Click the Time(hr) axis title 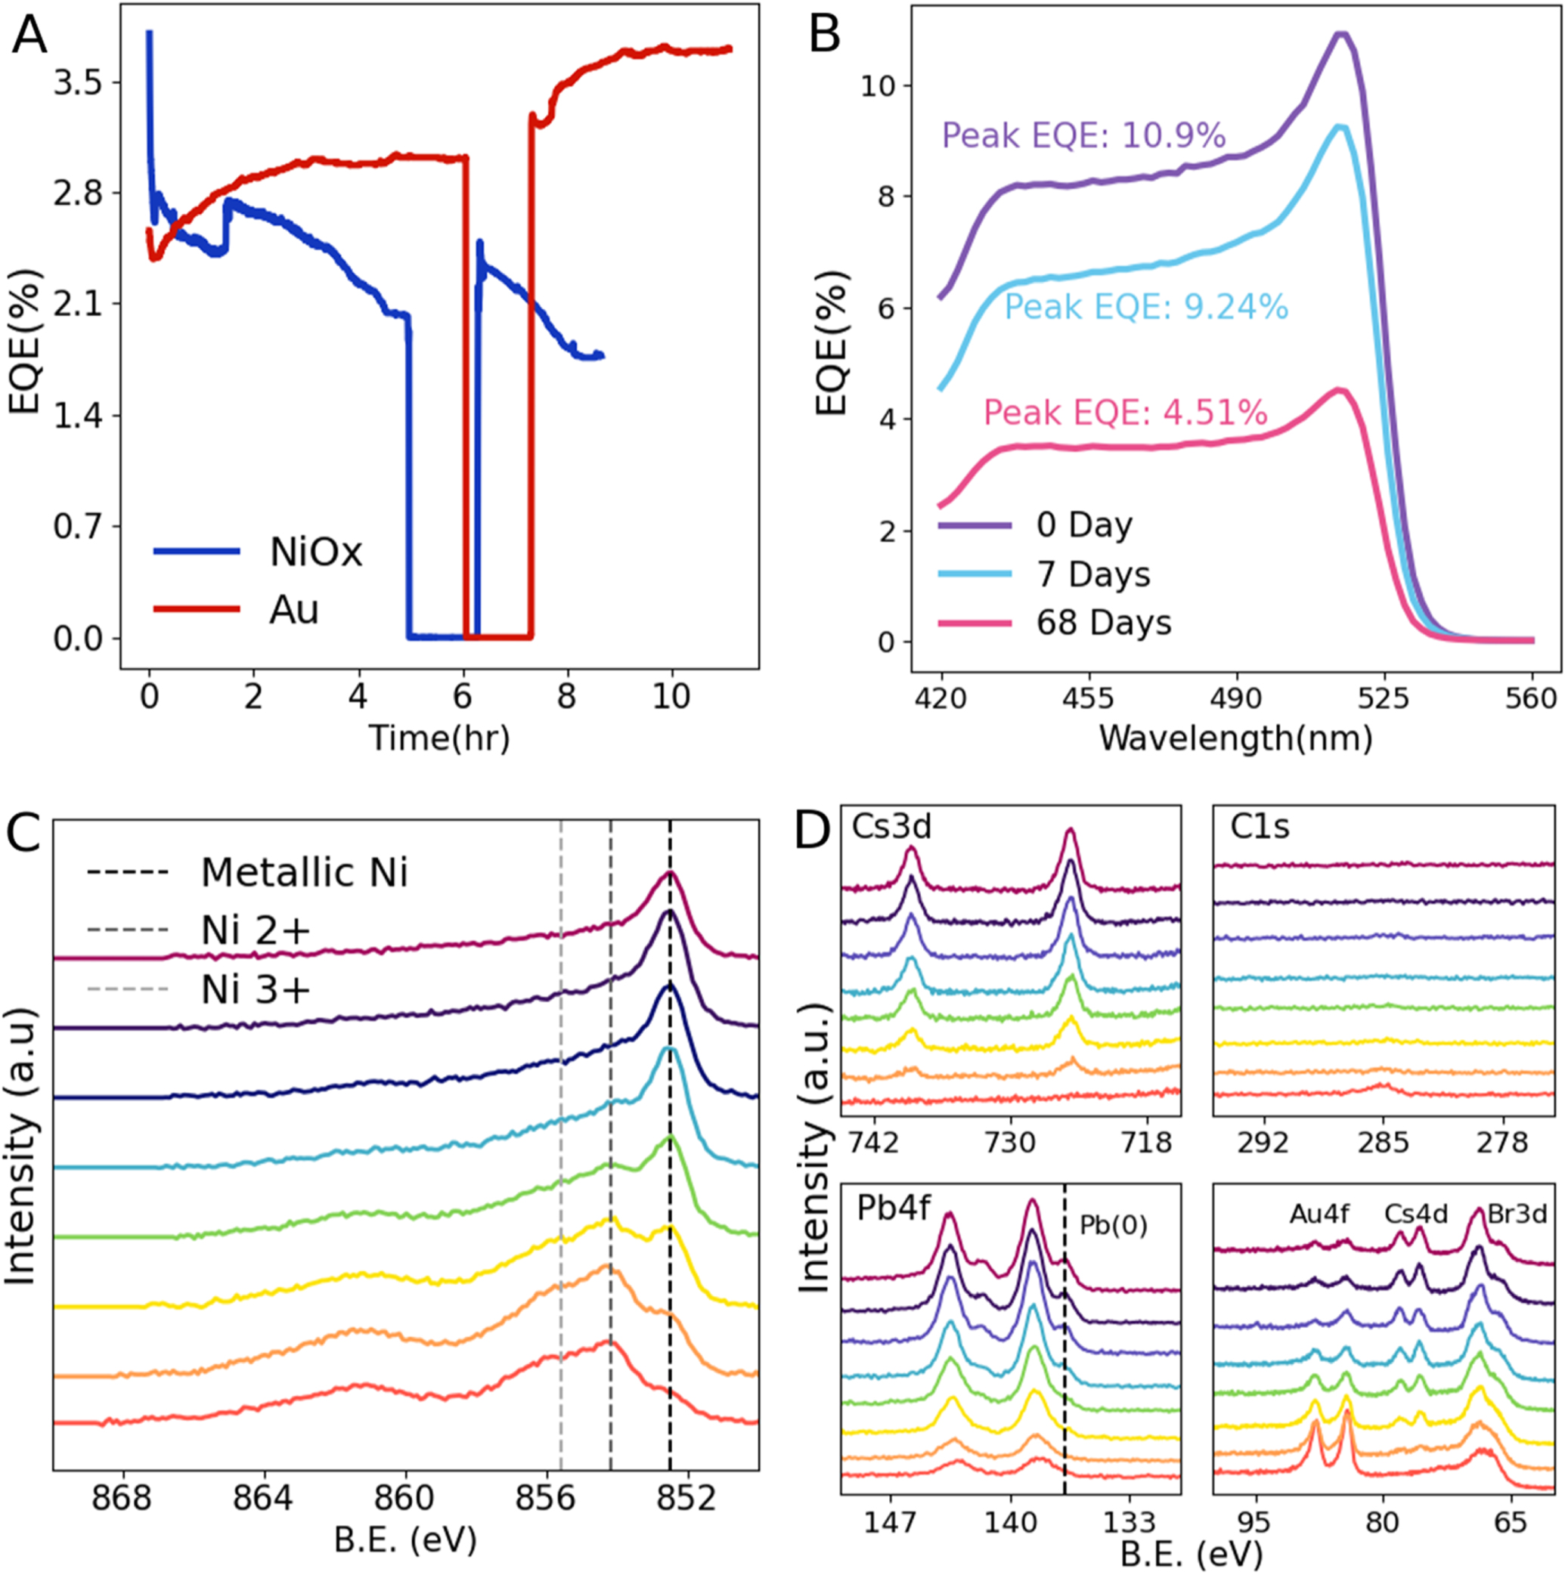[x=439, y=738]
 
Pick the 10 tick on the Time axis [x=671, y=697]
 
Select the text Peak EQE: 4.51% [x=1126, y=413]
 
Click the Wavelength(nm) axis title [x=1236, y=738]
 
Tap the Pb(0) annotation [x=1113, y=1225]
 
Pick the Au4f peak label [x=1319, y=1215]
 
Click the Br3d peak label [x=1517, y=1215]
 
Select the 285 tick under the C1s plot [x=1383, y=1143]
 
